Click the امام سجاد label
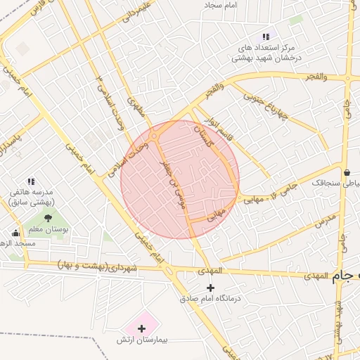[241, 5]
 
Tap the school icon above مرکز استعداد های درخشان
[265, 36]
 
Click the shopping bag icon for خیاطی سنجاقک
[347, 172]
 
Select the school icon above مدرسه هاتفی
[31, 181]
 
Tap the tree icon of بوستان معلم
[48, 218]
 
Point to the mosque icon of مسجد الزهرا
[15, 233]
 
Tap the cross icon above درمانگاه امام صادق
[210, 287]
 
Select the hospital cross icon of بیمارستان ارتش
[142, 328]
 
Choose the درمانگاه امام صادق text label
[211, 299]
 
